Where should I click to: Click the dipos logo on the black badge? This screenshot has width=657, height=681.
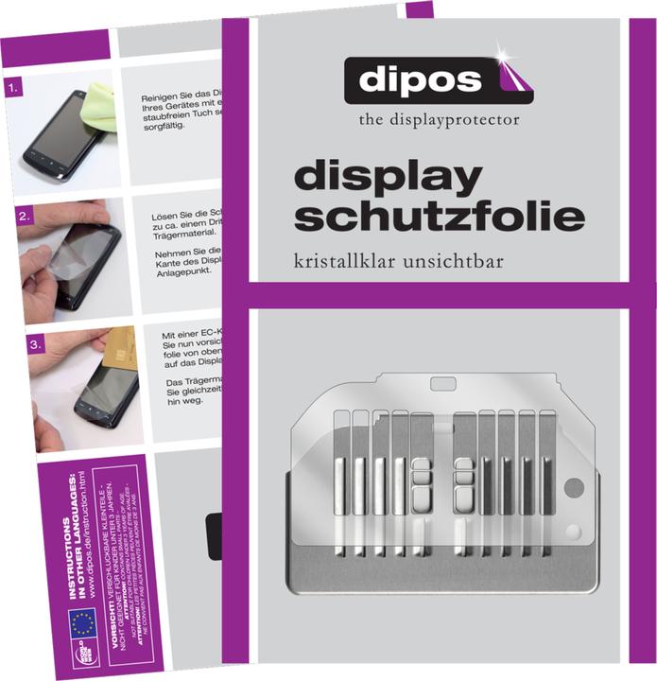tap(437, 80)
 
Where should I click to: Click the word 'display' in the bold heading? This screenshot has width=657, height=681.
tap(389, 179)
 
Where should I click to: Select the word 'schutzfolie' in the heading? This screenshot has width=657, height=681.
tap(439, 217)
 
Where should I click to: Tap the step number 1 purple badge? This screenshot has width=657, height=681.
tap(13, 91)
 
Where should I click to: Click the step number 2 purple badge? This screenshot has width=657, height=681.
tap(13, 218)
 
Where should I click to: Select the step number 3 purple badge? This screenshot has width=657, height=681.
tap(13, 346)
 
